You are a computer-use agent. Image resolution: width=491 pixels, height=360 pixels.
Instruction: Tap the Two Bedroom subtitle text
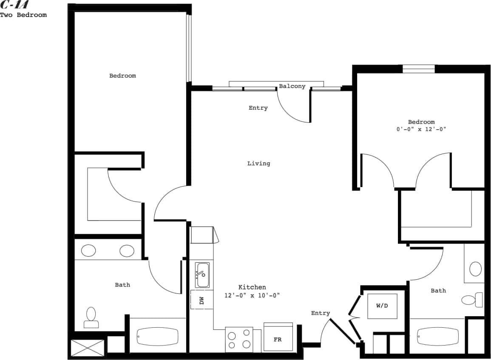[23, 15]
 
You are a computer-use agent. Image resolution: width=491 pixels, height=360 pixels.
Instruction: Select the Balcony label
[292, 86]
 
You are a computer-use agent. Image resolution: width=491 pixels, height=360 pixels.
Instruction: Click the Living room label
[258, 164]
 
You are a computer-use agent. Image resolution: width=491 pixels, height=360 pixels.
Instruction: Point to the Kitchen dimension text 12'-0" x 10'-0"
[252, 295]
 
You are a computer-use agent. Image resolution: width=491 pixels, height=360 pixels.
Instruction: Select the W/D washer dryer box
[382, 306]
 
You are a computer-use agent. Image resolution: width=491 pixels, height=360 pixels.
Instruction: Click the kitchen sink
[202, 275]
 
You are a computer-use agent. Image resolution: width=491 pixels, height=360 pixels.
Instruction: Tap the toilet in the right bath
[472, 300]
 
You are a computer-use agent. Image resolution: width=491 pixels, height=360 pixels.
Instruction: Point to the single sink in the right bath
[475, 269]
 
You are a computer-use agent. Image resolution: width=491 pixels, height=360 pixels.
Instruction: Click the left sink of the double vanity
[88, 251]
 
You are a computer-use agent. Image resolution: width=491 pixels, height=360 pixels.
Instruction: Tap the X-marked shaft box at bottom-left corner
[88, 347]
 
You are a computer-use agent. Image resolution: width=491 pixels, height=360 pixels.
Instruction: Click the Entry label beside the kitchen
[320, 313]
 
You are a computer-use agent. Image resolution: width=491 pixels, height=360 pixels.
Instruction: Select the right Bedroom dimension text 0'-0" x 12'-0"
[421, 130]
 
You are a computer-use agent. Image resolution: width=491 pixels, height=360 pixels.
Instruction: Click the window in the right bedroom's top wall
[419, 69]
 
